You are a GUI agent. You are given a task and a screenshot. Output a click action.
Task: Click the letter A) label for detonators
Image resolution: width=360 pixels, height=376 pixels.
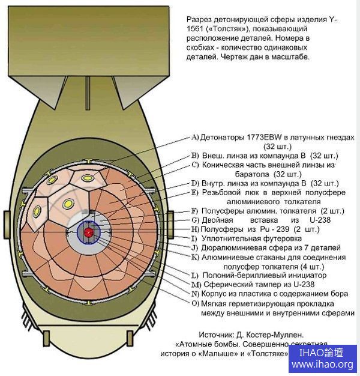194,136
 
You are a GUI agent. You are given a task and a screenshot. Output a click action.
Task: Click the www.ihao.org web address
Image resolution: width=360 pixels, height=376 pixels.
322,365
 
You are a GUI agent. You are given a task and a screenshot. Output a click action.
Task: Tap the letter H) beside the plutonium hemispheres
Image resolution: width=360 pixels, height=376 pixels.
194,229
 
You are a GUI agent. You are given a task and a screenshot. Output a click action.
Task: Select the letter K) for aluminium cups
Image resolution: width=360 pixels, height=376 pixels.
195,256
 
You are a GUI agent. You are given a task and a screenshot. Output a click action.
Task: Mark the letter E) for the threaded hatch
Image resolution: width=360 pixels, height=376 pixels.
194,192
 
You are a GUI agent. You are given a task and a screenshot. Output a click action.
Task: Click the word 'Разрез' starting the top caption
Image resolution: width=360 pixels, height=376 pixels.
200,19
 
